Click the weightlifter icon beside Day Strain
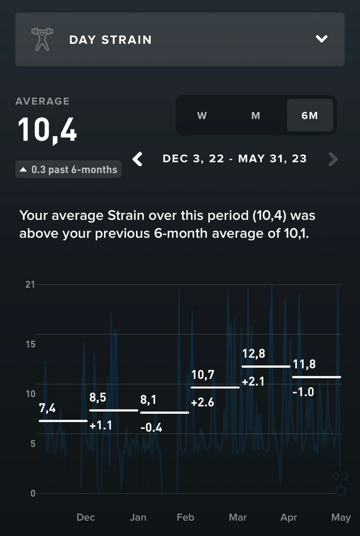(x=41, y=40)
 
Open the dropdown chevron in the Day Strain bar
(x=321, y=39)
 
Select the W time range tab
(x=202, y=116)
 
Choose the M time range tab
(x=256, y=116)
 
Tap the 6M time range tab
(x=310, y=116)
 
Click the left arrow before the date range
(x=138, y=159)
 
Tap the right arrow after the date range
(x=333, y=159)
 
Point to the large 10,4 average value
(x=48, y=130)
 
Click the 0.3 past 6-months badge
(x=69, y=170)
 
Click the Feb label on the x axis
(x=185, y=517)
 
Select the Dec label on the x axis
(x=86, y=517)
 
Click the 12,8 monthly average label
(x=254, y=354)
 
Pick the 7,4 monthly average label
(x=48, y=408)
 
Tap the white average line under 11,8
(x=316, y=377)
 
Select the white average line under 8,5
(x=114, y=410)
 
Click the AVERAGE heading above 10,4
(x=42, y=101)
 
